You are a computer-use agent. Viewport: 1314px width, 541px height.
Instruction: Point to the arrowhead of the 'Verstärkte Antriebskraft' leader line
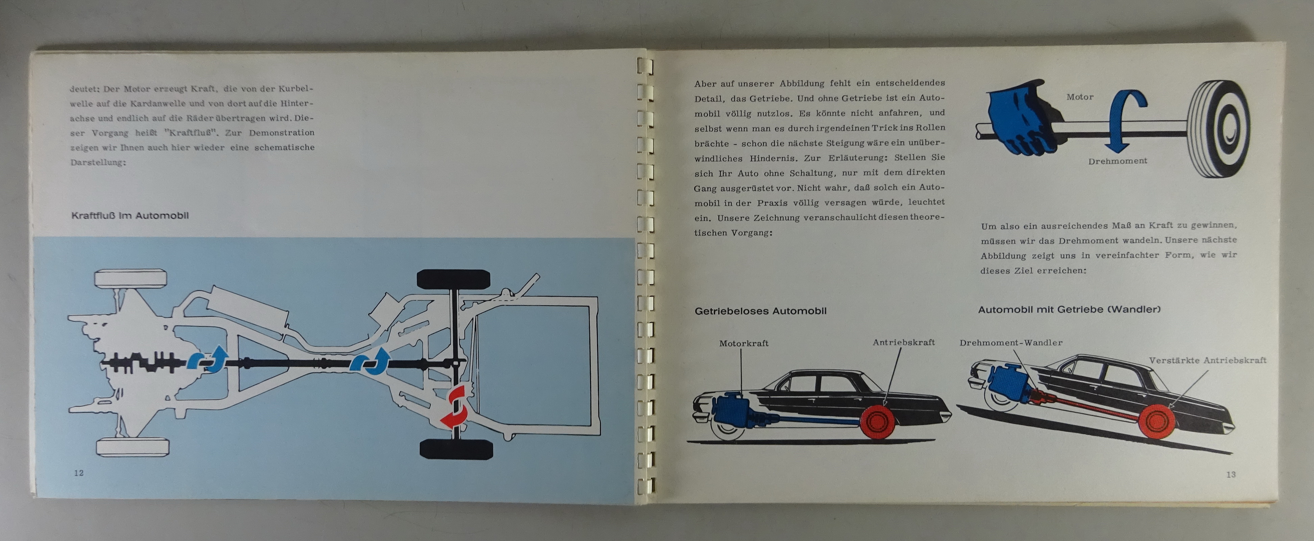click(x=1168, y=408)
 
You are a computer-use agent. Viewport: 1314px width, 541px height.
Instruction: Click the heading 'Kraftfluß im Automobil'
click(x=130, y=215)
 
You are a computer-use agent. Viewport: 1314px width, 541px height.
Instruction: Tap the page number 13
click(x=1231, y=475)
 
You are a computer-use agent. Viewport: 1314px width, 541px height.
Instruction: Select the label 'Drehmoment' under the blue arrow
click(x=1118, y=161)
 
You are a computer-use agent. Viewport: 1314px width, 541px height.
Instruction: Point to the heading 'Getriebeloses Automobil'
click(x=761, y=311)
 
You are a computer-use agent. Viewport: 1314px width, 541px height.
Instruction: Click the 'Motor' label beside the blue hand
click(x=1080, y=96)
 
